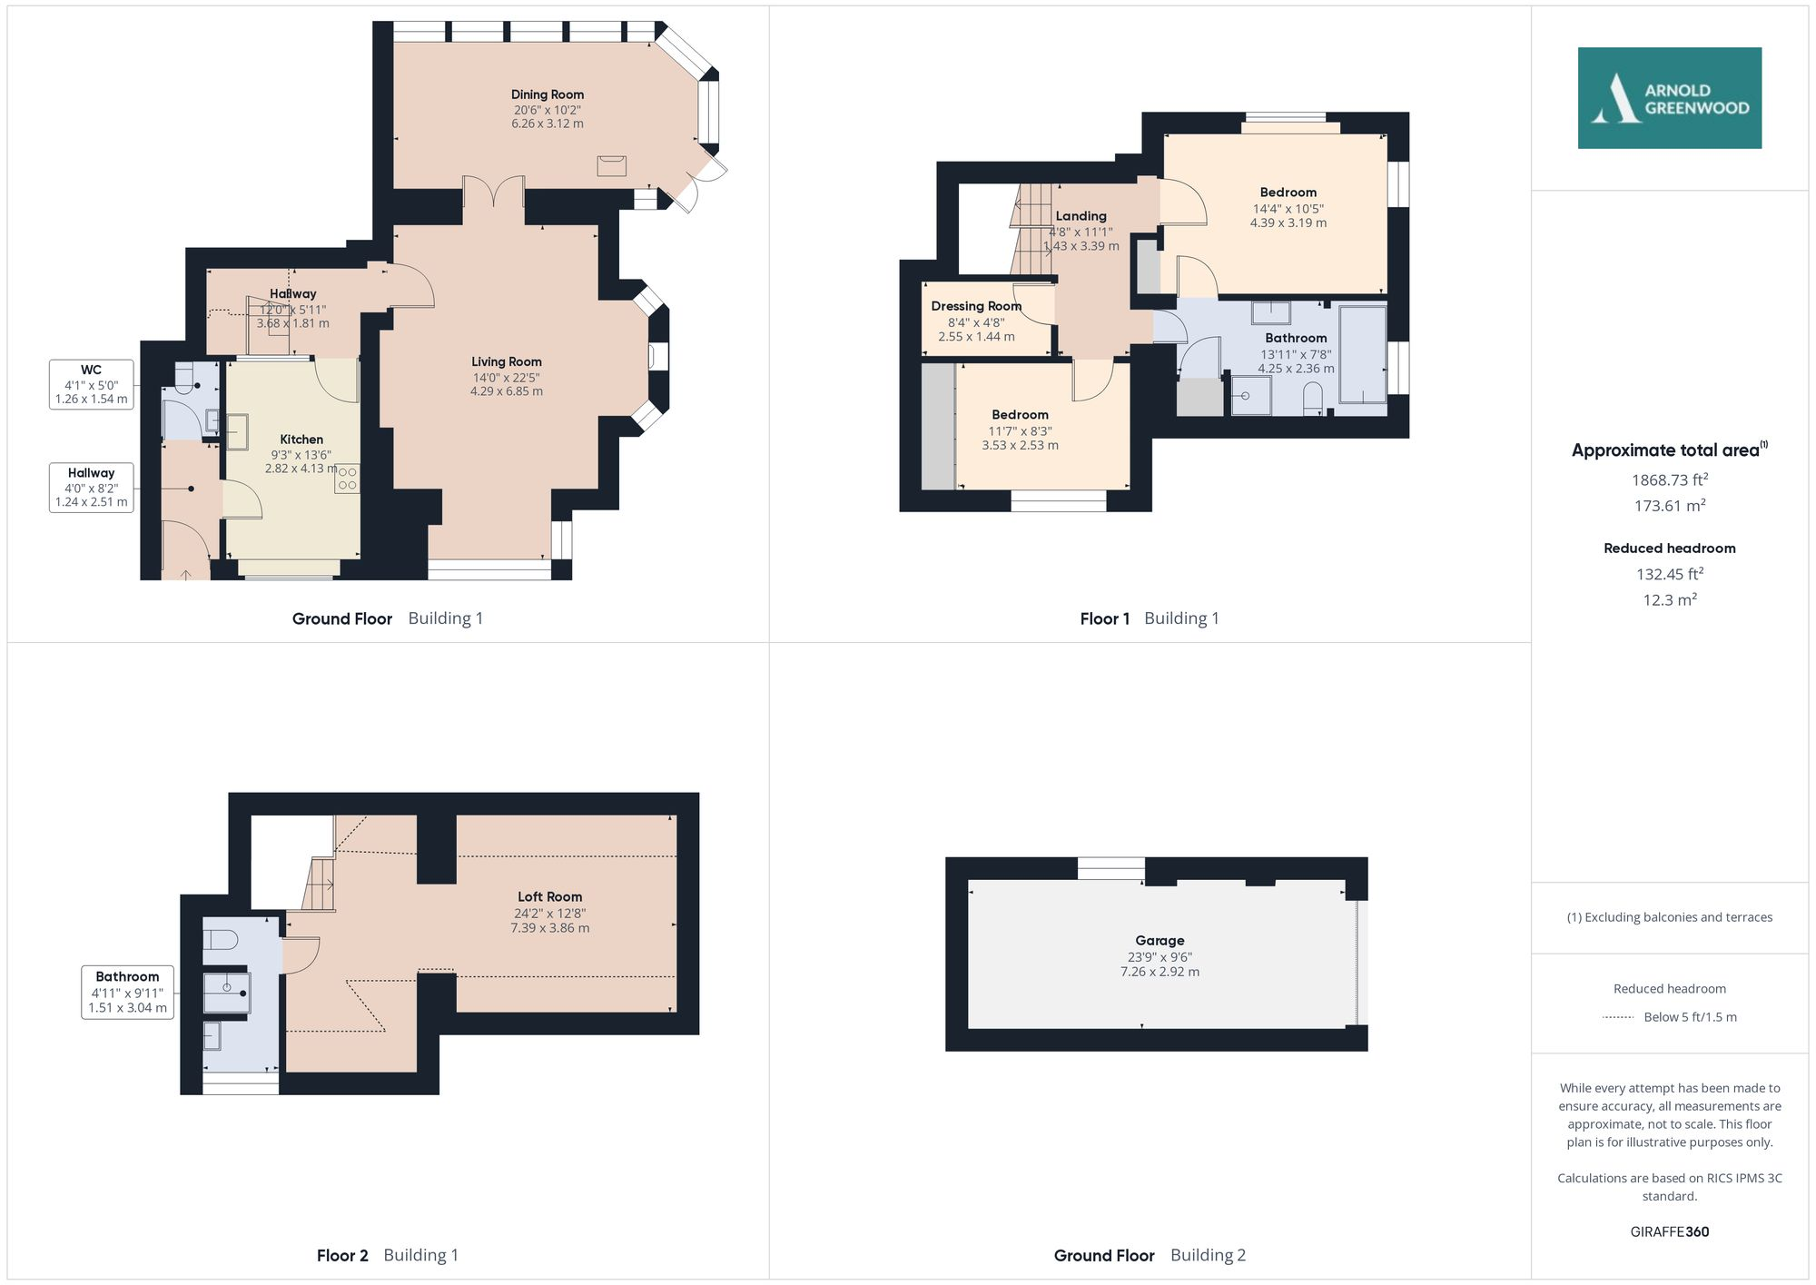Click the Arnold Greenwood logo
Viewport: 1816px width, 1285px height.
[1669, 98]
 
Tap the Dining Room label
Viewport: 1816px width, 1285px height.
[547, 94]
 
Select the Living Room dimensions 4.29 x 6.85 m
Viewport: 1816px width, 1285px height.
[506, 391]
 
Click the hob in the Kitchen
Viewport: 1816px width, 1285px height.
[347, 479]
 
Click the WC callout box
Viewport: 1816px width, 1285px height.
[91, 384]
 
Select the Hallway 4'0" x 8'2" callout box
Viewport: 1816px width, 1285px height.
[91, 487]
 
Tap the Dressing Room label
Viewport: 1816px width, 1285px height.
[976, 306]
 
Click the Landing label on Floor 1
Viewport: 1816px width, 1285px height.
[1081, 216]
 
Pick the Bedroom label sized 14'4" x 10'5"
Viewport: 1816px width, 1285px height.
[1288, 193]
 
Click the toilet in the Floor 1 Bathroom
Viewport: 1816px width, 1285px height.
[1313, 399]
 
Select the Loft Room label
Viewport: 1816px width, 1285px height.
[549, 896]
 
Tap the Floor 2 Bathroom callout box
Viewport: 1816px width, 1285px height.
[127, 992]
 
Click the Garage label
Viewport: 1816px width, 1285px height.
[1160, 941]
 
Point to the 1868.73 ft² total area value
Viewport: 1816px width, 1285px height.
[1669, 479]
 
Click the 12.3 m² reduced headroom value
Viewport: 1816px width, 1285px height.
[1669, 600]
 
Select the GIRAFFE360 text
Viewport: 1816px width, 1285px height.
[1669, 1231]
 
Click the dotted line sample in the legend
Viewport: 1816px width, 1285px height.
[1618, 1017]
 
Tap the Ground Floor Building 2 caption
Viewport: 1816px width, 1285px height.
[1150, 1255]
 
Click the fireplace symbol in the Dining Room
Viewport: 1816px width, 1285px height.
[611, 165]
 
